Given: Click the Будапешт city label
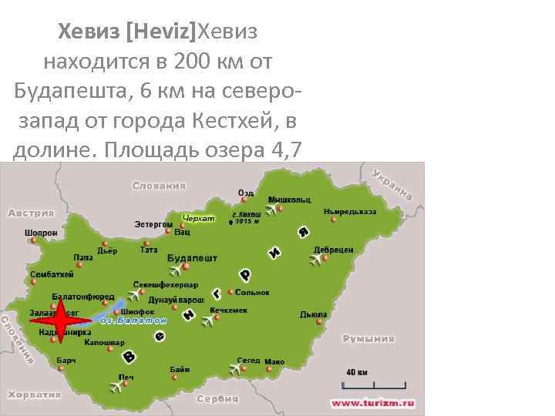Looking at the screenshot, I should tap(192, 258).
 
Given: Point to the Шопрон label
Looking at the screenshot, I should tap(40, 231).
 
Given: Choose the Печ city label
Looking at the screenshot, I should tap(126, 377).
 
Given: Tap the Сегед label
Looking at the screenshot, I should tap(248, 361).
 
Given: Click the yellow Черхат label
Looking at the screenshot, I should tap(199, 218).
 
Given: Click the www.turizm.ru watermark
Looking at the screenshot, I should tap(373, 402).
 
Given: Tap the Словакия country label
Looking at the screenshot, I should tap(159, 186).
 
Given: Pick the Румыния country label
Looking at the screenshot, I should tap(368, 338).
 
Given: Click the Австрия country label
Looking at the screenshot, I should tap(31, 213).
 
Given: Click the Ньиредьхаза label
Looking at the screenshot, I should tap(350, 210).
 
